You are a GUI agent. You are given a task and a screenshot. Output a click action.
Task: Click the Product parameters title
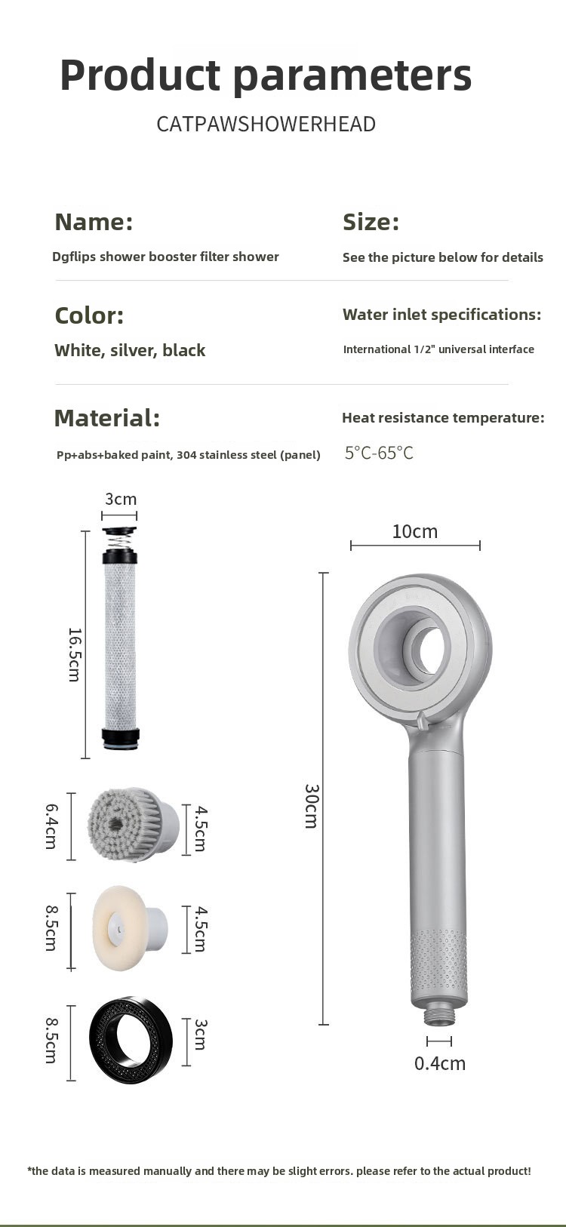click(x=266, y=75)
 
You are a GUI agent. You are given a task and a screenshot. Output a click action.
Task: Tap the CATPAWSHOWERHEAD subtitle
click(x=266, y=125)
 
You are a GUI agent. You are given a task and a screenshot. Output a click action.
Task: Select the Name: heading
click(x=94, y=222)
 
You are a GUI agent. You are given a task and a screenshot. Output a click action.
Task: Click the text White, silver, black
click(x=130, y=350)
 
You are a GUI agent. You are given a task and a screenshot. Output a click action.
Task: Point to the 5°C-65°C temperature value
click(x=379, y=453)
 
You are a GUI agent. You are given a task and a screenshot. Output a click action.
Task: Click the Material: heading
click(x=107, y=418)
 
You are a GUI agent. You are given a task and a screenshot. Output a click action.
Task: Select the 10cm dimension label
click(x=415, y=531)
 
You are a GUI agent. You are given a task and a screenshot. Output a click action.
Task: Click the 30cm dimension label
click(x=312, y=806)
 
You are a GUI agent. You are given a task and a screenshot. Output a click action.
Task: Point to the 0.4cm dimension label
click(x=440, y=1063)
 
